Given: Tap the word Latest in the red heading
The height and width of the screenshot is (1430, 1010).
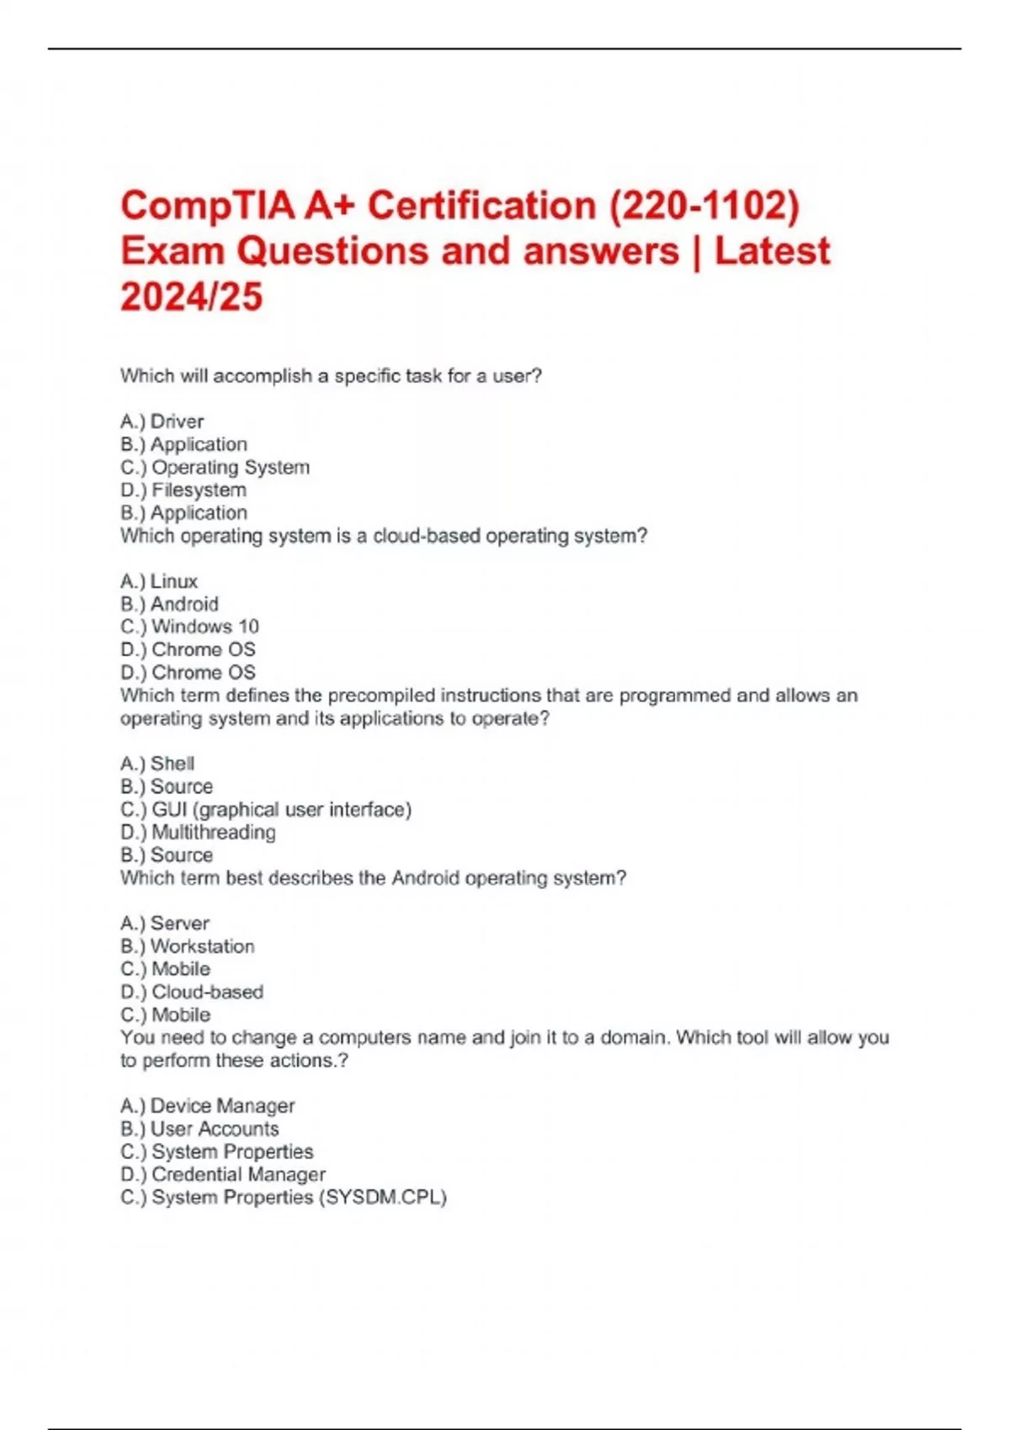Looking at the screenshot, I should click(772, 252).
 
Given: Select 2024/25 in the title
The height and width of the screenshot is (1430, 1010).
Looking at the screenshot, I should click(191, 297).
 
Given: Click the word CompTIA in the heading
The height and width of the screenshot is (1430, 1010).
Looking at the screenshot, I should click(207, 206).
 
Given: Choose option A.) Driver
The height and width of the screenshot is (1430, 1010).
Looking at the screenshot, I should click(162, 421).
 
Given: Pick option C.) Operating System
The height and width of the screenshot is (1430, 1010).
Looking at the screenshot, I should click(215, 467).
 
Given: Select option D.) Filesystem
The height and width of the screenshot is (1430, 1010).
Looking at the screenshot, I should click(183, 490).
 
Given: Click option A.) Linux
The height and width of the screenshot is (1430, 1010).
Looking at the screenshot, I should click(159, 581).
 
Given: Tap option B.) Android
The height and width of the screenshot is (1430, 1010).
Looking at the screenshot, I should click(169, 604).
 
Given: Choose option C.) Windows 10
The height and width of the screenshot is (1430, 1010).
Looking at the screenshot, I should click(189, 627).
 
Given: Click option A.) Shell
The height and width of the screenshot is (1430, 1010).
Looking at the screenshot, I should click(157, 764).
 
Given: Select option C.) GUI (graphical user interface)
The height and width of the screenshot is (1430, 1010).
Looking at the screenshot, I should click(266, 809).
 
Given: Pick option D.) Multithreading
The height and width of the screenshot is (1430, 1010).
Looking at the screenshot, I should click(198, 832).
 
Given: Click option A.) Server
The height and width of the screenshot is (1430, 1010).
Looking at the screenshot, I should click(164, 924).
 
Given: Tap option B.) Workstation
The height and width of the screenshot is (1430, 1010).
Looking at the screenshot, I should click(187, 946).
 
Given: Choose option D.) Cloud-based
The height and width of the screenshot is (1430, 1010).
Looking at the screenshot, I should click(192, 992).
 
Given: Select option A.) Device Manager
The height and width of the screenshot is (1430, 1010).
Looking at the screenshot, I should click(207, 1106).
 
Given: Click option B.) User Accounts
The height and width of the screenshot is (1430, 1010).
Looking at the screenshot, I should click(199, 1129).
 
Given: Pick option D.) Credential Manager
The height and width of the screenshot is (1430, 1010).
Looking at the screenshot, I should click(222, 1174).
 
